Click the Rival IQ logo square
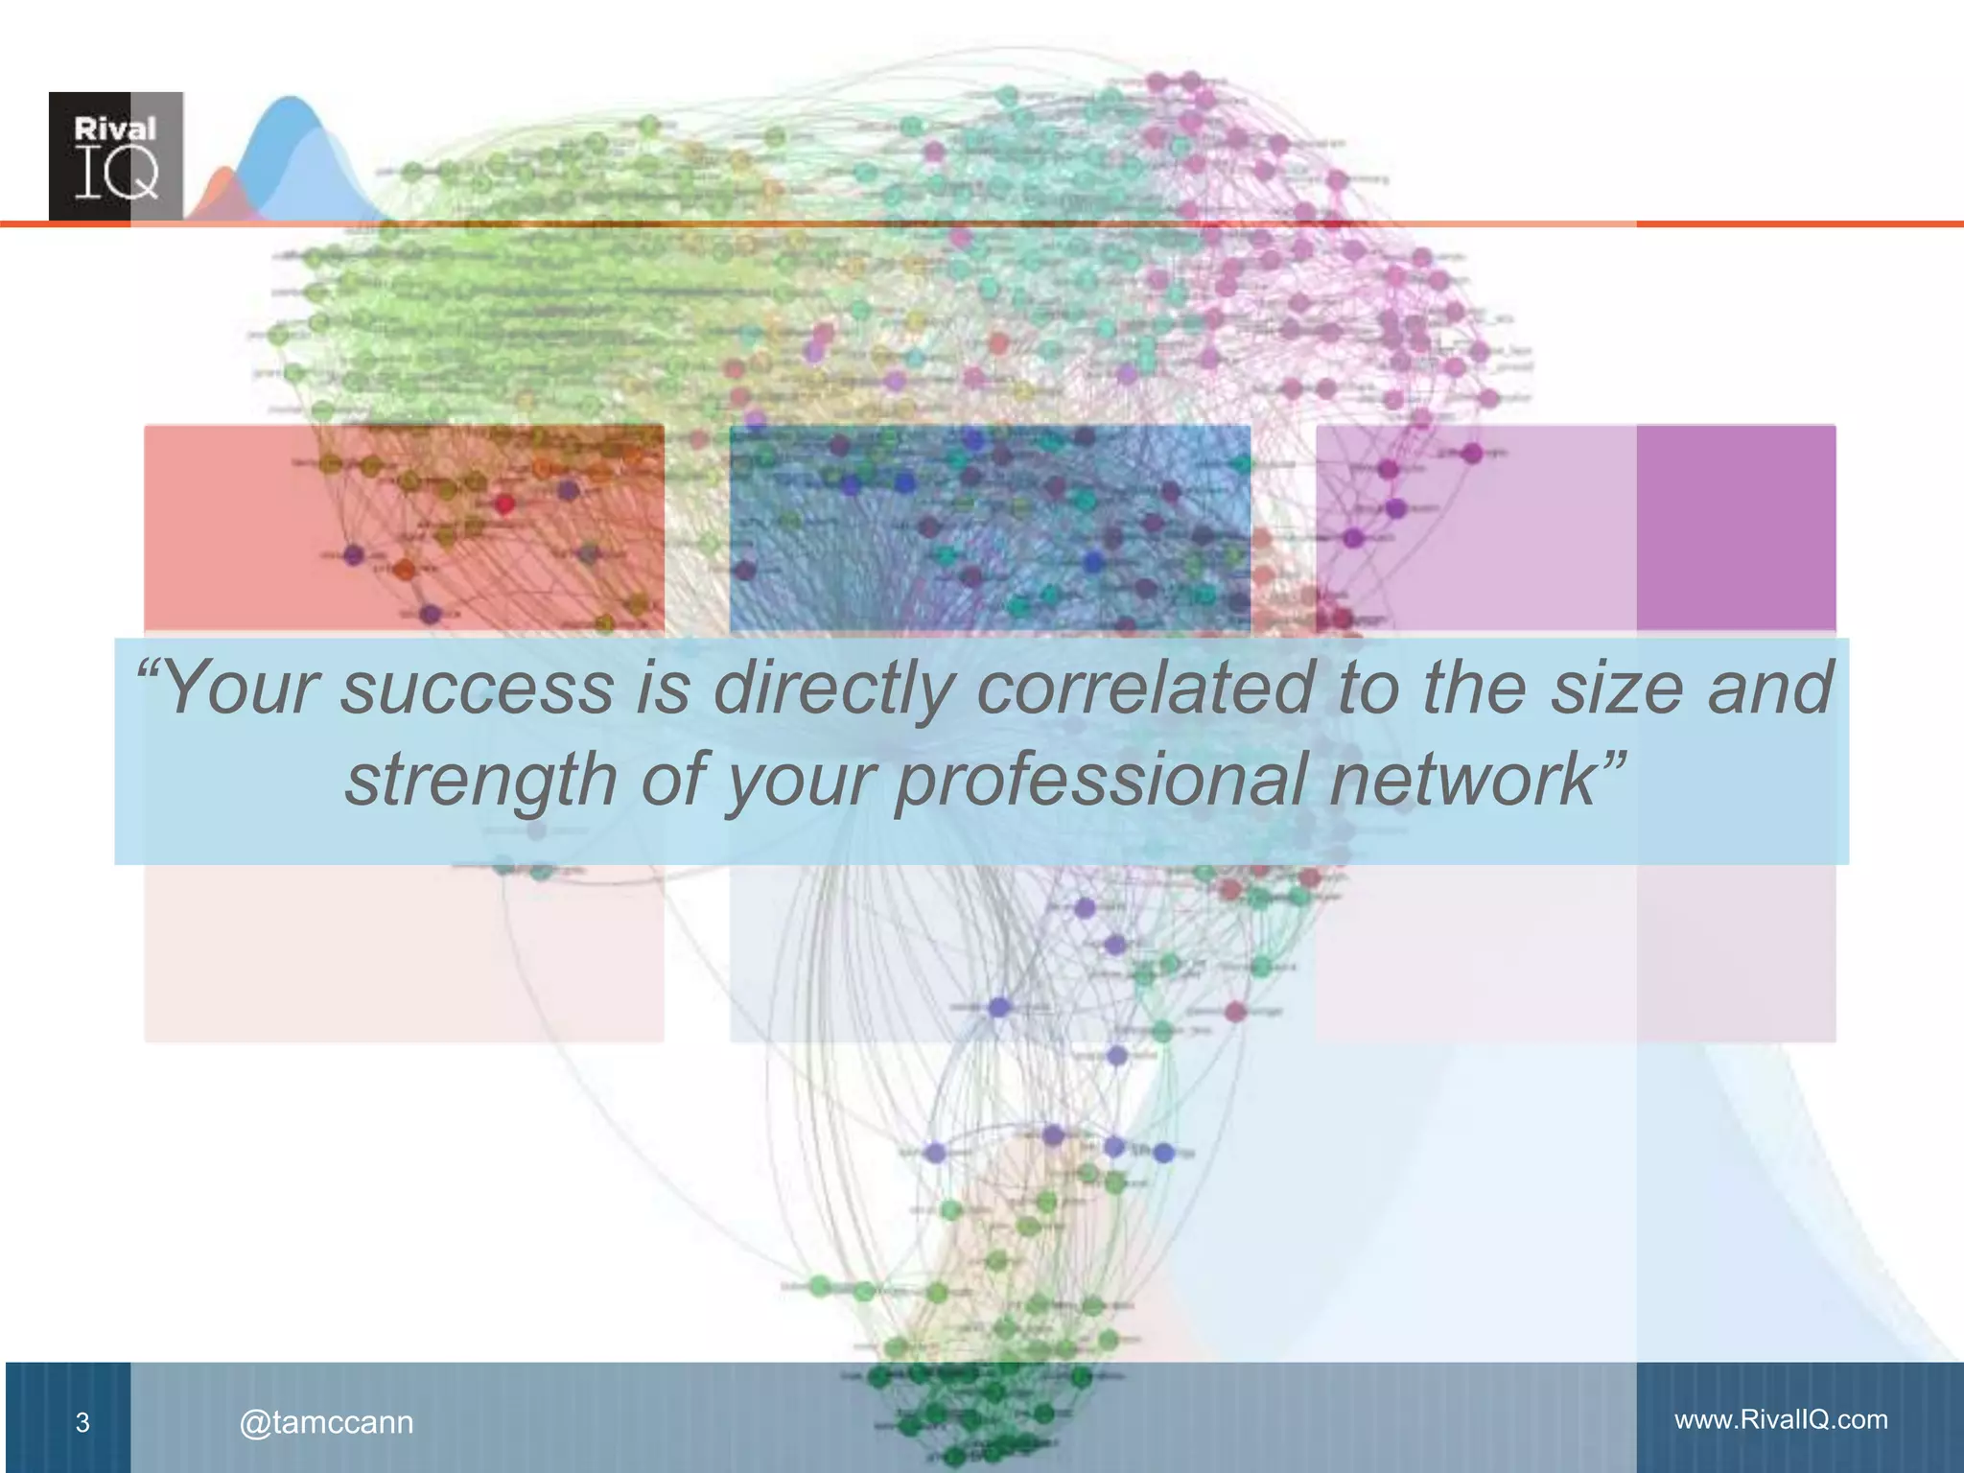[x=116, y=156]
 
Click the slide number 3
[x=82, y=1422]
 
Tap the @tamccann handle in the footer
[x=326, y=1422]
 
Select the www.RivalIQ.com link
[x=1781, y=1419]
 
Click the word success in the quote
[x=477, y=689]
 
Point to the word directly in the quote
[x=834, y=689]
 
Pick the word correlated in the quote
[x=1145, y=689]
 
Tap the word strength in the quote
[x=480, y=779]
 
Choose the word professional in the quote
[x=1101, y=779]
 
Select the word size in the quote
[x=1617, y=689]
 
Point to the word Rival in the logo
[x=115, y=129]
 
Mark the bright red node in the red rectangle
[x=504, y=503]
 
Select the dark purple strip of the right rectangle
[x=1736, y=527]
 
